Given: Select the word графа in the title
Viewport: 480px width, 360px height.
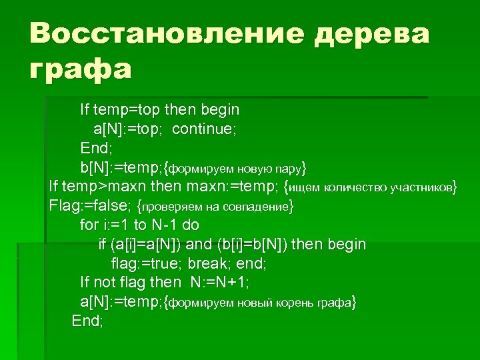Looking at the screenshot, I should (x=81, y=68).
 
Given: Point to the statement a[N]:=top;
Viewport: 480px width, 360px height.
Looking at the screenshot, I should (x=130, y=128).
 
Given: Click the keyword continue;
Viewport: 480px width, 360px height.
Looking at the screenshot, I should (x=204, y=128).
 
